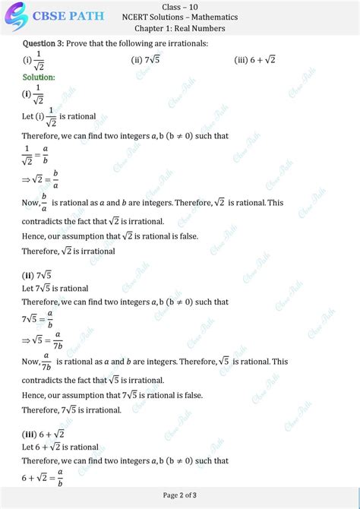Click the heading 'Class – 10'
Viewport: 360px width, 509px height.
tap(179, 6)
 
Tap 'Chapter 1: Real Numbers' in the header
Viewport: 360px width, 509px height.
tap(179, 28)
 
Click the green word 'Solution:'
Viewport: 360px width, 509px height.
tap(39, 77)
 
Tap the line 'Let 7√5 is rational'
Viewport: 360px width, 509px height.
tap(55, 289)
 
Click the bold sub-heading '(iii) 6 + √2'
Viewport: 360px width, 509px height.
tap(43, 434)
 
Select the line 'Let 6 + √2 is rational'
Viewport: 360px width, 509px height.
tap(61, 447)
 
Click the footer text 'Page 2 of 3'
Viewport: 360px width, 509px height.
tap(180, 495)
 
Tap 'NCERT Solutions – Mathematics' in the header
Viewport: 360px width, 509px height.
tap(179, 17)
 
